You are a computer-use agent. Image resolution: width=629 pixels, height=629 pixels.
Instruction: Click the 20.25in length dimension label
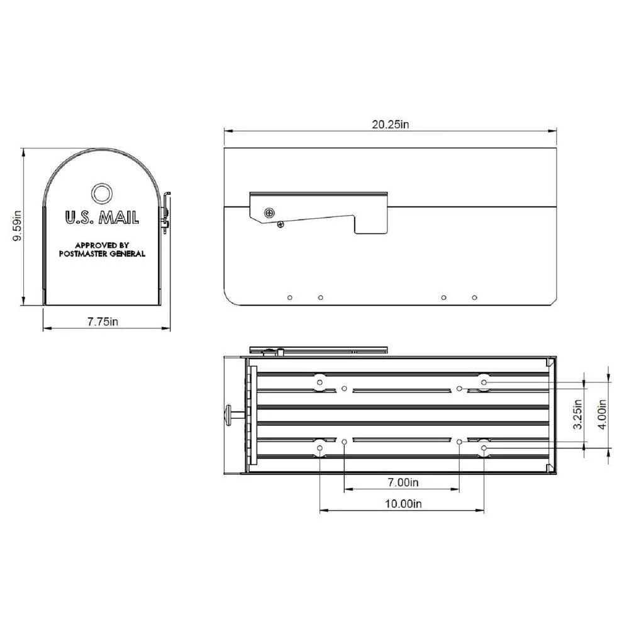pos(390,125)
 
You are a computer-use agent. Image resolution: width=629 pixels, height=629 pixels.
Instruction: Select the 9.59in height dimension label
pos(18,226)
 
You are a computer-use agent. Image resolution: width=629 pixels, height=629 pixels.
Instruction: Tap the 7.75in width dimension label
pos(103,322)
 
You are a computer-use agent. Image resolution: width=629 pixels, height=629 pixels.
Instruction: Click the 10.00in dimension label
pos(402,503)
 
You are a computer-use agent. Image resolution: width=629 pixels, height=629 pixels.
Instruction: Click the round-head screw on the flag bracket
pos(270,213)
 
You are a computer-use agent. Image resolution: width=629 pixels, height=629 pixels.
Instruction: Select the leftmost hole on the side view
pos(289,297)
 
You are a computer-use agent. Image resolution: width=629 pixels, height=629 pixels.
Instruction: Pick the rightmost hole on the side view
pos(474,297)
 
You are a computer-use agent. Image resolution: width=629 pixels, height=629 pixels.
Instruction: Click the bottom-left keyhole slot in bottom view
pos(320,448)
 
